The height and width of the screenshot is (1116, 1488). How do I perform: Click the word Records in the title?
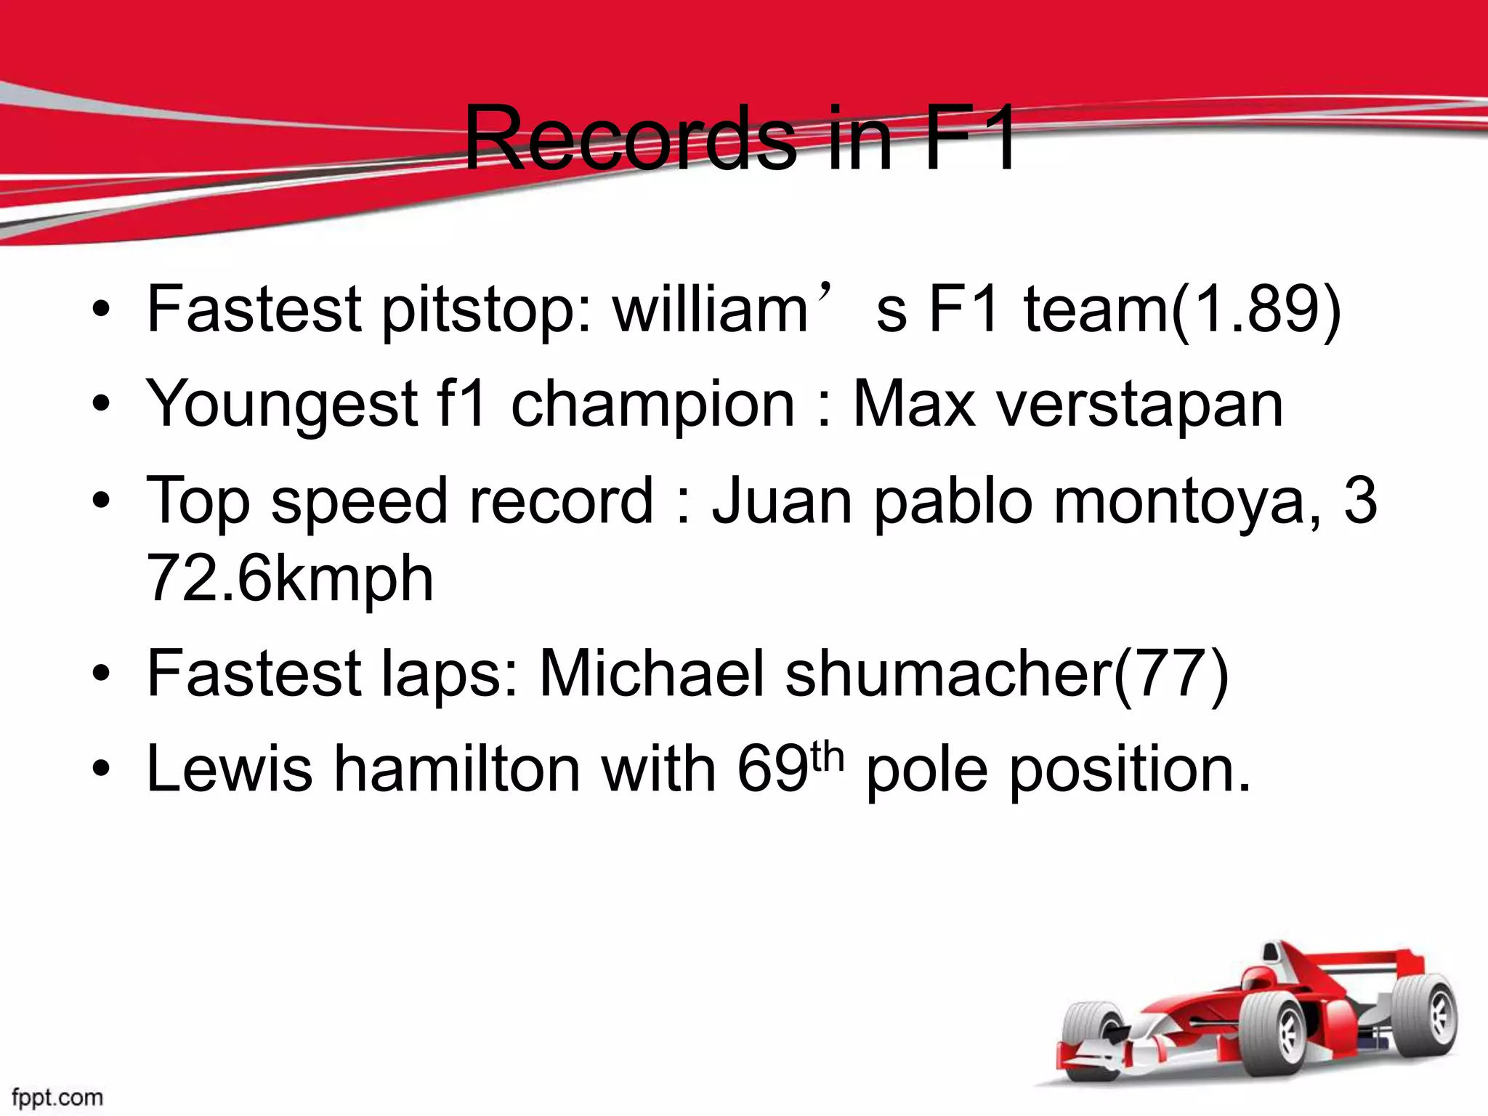click(629, 139)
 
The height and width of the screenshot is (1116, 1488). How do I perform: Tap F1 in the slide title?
click(971, 139)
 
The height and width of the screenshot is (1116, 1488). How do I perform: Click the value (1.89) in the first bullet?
click(1257, 310)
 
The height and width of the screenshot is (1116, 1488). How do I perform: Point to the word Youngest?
click(282, 405)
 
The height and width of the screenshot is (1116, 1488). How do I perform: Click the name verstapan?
click(1139, 405)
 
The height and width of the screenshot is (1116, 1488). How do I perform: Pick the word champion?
click(652, 405)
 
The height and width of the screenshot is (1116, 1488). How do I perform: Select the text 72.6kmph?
click(290, 579)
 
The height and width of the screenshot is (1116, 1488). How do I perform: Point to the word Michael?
click(652, 674)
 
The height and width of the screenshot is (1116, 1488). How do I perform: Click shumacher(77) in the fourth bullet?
click(1007, 674)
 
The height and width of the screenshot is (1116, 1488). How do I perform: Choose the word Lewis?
click(230, 769)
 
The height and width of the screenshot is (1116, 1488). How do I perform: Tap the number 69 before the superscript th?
click(772, 769)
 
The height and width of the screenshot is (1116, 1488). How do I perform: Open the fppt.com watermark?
click(57, 1096)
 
